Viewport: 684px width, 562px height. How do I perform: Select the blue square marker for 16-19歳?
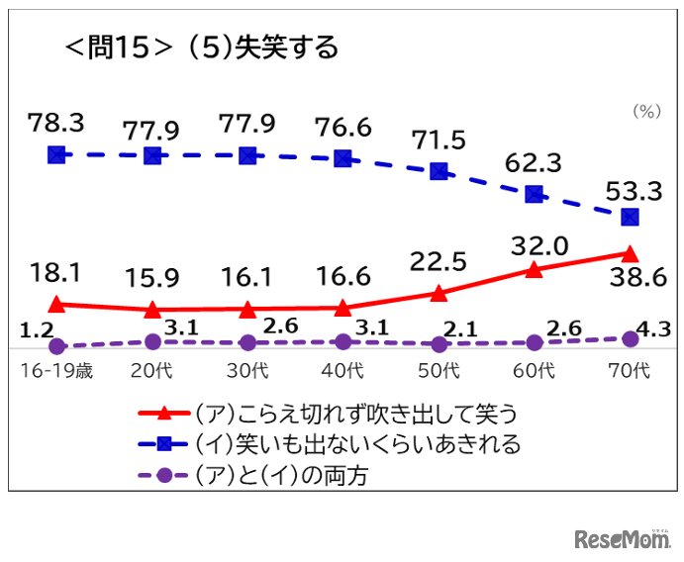tap(56, 154)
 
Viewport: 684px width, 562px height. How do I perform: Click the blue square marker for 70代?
tap(630, 217)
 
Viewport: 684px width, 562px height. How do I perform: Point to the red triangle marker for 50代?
tap(439, 293)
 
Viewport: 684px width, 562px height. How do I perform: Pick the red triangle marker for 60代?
tap(535, 269)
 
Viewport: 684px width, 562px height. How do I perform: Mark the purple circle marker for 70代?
tap(630, 338)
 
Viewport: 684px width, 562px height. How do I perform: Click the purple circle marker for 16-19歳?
tap(56, 346)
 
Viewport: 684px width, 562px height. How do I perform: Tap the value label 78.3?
tap(55, 123)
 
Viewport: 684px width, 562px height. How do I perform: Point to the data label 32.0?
tap(535, 243)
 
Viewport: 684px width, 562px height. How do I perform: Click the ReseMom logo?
tap(622, 538)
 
